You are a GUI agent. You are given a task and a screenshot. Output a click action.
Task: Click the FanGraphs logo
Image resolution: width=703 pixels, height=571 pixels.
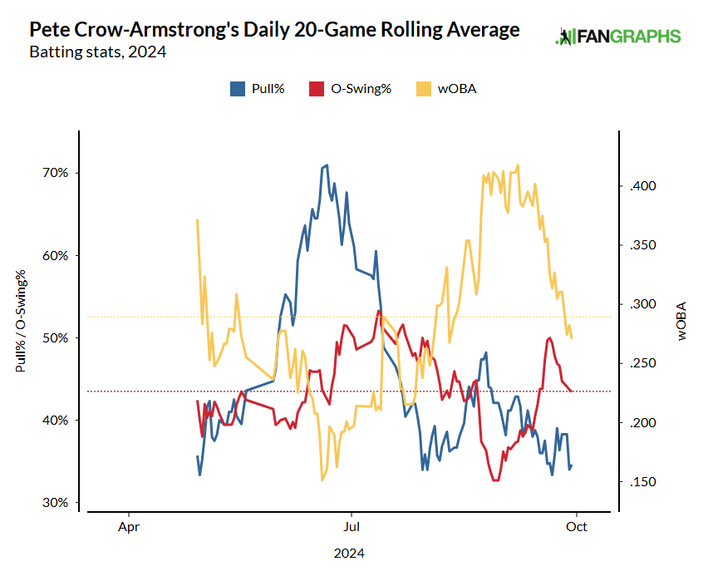617,37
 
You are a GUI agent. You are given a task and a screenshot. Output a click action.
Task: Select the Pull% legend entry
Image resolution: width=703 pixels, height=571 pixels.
258,88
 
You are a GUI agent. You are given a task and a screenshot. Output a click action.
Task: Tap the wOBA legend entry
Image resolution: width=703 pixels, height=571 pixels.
447,88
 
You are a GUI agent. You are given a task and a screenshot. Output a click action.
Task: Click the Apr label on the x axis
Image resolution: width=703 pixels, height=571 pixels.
128,526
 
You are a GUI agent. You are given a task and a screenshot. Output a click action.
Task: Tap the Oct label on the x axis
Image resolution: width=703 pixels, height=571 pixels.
578,526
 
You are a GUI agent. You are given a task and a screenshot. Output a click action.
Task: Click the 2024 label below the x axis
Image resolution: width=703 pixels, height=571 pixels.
349,552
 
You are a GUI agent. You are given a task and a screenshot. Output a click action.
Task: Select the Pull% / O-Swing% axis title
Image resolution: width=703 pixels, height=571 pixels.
20,320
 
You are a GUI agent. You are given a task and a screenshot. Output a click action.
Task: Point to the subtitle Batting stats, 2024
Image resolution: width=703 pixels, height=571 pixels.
97,52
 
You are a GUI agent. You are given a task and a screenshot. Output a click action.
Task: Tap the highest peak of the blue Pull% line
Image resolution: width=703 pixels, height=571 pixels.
327,165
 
